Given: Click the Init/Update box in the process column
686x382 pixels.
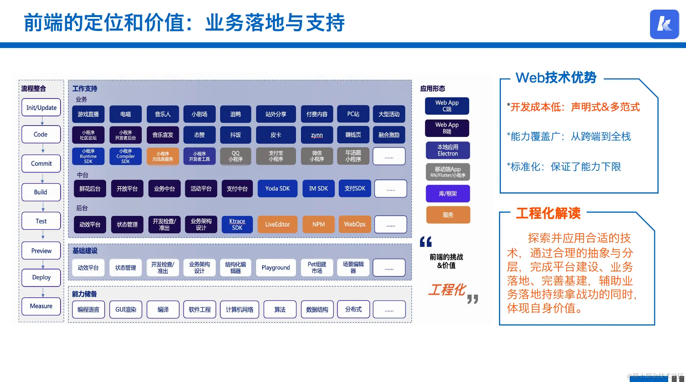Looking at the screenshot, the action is (41, 107).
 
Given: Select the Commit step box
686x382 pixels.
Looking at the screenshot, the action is (41, 164).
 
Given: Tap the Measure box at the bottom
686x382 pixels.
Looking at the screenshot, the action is (41, 306).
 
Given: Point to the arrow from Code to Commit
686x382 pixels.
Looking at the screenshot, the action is (43, 148).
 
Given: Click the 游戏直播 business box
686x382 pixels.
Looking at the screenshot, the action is (88, 114).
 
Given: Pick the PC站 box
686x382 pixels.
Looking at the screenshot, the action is (353, 114).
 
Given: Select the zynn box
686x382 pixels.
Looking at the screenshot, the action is (317, 135).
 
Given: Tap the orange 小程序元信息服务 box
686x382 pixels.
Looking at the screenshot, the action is (163, 156).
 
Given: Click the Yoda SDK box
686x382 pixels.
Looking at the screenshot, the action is (277, 189).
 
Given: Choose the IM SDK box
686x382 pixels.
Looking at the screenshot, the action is (318, 189).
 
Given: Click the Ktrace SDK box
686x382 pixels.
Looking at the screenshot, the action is (237, 224).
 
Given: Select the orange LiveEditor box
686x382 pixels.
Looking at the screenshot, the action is (277, 224).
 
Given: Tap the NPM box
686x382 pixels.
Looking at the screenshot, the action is (318, 224).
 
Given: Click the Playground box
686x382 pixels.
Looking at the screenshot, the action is (276, 267).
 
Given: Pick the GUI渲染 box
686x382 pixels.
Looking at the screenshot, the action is (126, 309).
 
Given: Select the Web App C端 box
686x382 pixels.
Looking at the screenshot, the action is (447, 106).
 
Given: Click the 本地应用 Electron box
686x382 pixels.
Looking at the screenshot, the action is (448, 150).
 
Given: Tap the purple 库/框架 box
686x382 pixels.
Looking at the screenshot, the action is (448, 193).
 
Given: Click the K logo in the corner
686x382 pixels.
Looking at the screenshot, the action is (664, 24).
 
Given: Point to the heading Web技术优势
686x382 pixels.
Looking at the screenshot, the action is (556, 78).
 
